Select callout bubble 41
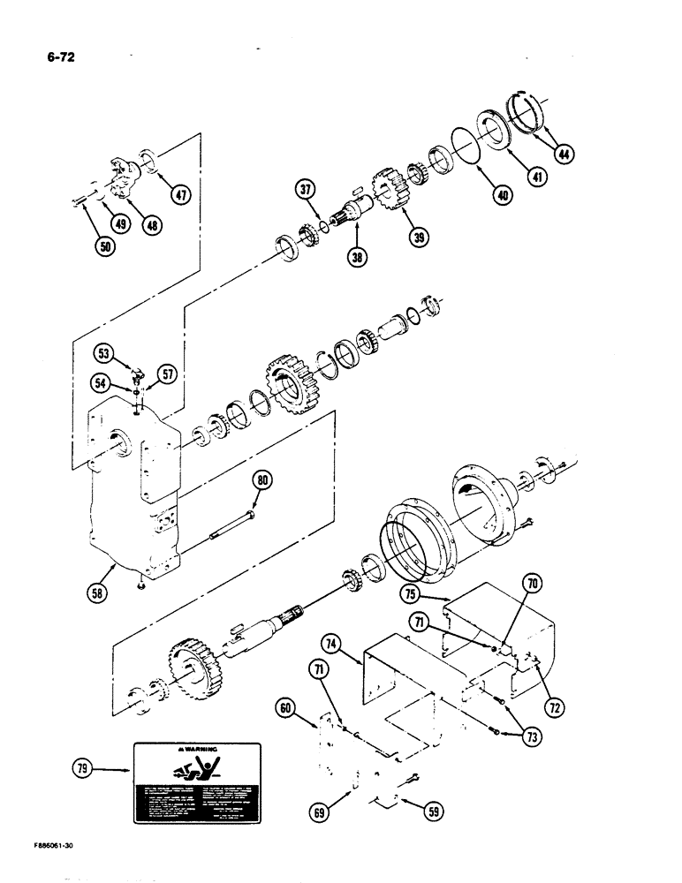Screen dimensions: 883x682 point(536,176)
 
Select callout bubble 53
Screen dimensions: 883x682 point(105,356)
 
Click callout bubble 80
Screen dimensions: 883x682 point(263,480)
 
